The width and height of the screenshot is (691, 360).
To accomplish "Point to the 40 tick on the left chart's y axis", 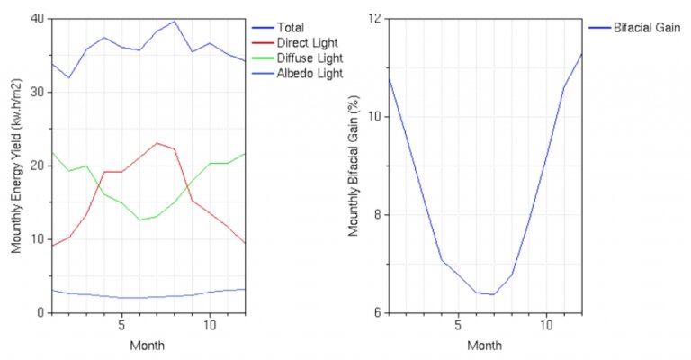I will pyautogui.click(x=38, y=19).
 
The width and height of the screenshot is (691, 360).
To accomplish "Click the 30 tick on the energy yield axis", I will pyautogui.click(x=38, y=93).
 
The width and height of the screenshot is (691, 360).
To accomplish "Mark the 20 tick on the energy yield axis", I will pyautogui.click(x=38, y=166).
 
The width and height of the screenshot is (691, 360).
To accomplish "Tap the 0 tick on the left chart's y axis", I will pyautogui.click(x=41, y=313).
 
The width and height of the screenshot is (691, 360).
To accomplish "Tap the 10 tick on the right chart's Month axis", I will pyautogui.click(x=546, y=325).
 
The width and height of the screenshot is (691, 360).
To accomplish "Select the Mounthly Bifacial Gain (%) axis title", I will pyautogui.click(x=354, y=166).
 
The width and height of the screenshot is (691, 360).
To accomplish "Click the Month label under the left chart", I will pyautogui.click(x=148, y=346).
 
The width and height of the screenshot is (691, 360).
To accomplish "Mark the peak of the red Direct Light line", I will pyautogui.click(x=157, y=143).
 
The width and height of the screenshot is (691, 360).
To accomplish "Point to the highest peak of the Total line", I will pyautogui.click(x=175, y=22).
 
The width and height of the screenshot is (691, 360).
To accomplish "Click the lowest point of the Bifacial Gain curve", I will pyautogui.click(x=492, y=294).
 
